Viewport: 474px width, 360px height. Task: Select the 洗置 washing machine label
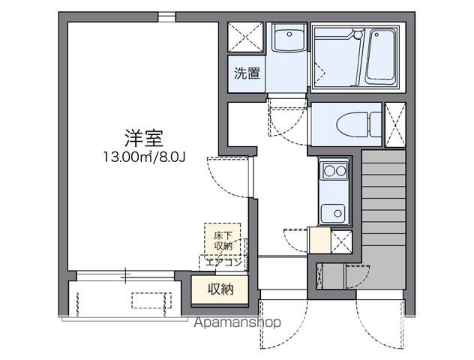[246, 73]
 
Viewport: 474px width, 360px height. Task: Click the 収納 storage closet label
[220, 289]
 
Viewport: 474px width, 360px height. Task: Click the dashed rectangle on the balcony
[152, 301]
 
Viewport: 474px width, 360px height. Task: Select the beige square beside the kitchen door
[319, 241]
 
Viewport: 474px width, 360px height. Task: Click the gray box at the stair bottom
[334, 277]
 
